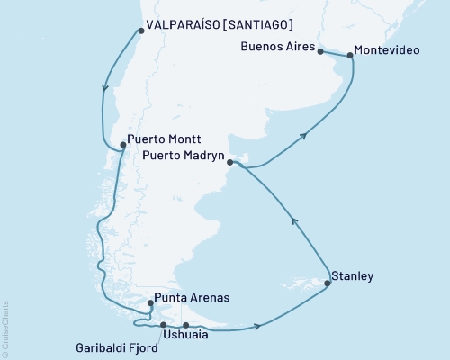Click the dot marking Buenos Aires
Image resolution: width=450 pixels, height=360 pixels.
pyautogui.click(x=320, y=52)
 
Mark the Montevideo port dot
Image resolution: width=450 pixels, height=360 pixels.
pyautogui.click(x=350, y=57)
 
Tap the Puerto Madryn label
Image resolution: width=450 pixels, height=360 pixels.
pyautogui.click(x=184, y=154)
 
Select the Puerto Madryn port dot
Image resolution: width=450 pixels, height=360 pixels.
pyautogui.click(x=230, y=163)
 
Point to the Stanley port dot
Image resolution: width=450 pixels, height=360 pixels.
pyautogui.click(x=328, y=283)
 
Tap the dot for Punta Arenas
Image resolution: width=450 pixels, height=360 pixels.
pyautogui.click(x=138, y=303)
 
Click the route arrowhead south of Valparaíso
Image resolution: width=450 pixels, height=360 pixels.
pyautogui.click(x=107, y=88)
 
